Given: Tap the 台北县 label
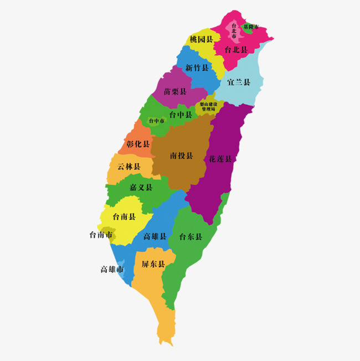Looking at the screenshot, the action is point(235,49).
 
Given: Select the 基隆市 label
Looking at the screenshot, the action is point(251,27).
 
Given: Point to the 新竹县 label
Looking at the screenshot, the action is point(197,68).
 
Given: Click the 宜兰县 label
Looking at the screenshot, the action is point(239,83).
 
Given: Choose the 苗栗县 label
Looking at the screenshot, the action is point(175,91).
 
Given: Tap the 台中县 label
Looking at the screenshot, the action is point(181,115).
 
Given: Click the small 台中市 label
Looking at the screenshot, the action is point(156,120).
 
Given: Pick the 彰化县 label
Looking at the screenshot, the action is point(138,144).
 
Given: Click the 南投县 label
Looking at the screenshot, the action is point(181,155).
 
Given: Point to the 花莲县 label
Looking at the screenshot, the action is point(220,159).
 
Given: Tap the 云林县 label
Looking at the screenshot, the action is point(128,166).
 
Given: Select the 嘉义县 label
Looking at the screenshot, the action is point(141,187).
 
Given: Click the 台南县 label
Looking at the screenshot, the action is point(124,216).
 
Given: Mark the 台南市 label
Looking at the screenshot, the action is point(100,235).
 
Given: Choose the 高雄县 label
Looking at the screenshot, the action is point(155,237).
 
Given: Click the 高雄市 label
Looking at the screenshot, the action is point(112,270).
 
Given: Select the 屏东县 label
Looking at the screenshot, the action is point(153,265).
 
